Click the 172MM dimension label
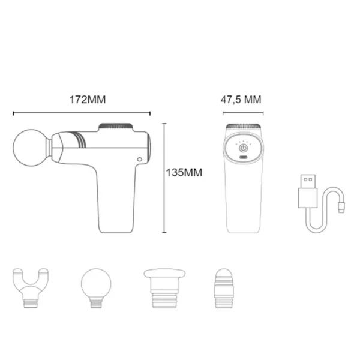[x=88, y=100]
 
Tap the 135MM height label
[x=184, y=173]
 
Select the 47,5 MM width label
[x=241, y=100]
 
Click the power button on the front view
[x=244, y=148]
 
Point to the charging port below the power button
[x=244, y=157]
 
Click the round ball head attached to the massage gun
[x=31, y=148]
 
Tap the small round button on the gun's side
[x=139, y=160]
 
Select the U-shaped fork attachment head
[x=31, y=288]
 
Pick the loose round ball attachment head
[x=96, y=288]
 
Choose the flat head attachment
[x=164, y=288]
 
